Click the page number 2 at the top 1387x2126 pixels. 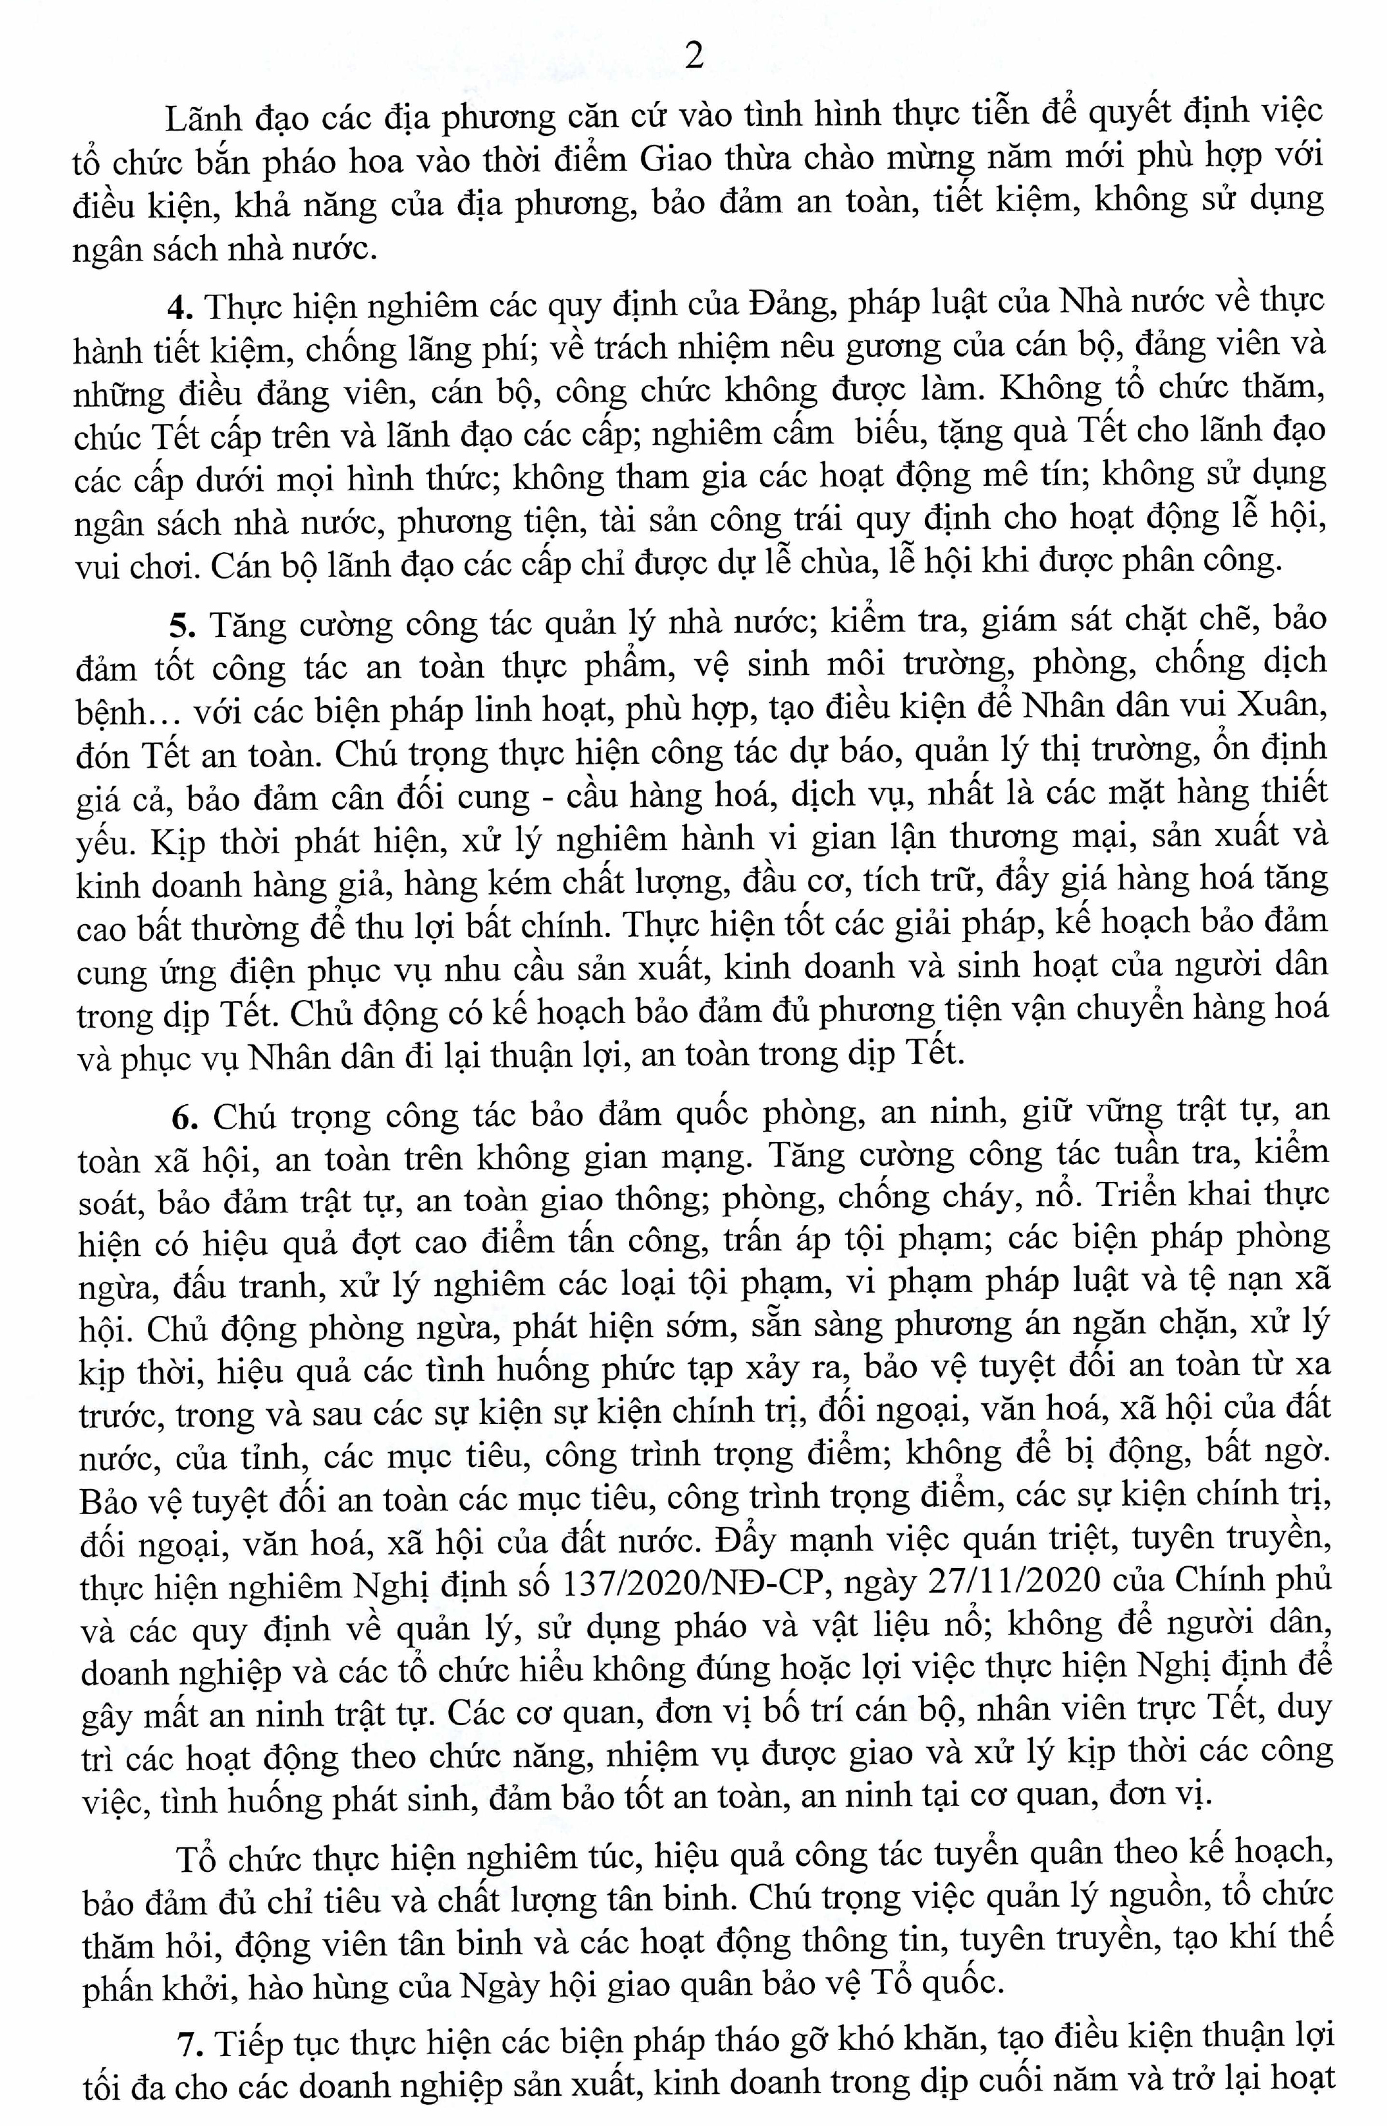(x=693, y=55)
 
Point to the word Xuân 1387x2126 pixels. (x=1280, y=705)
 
